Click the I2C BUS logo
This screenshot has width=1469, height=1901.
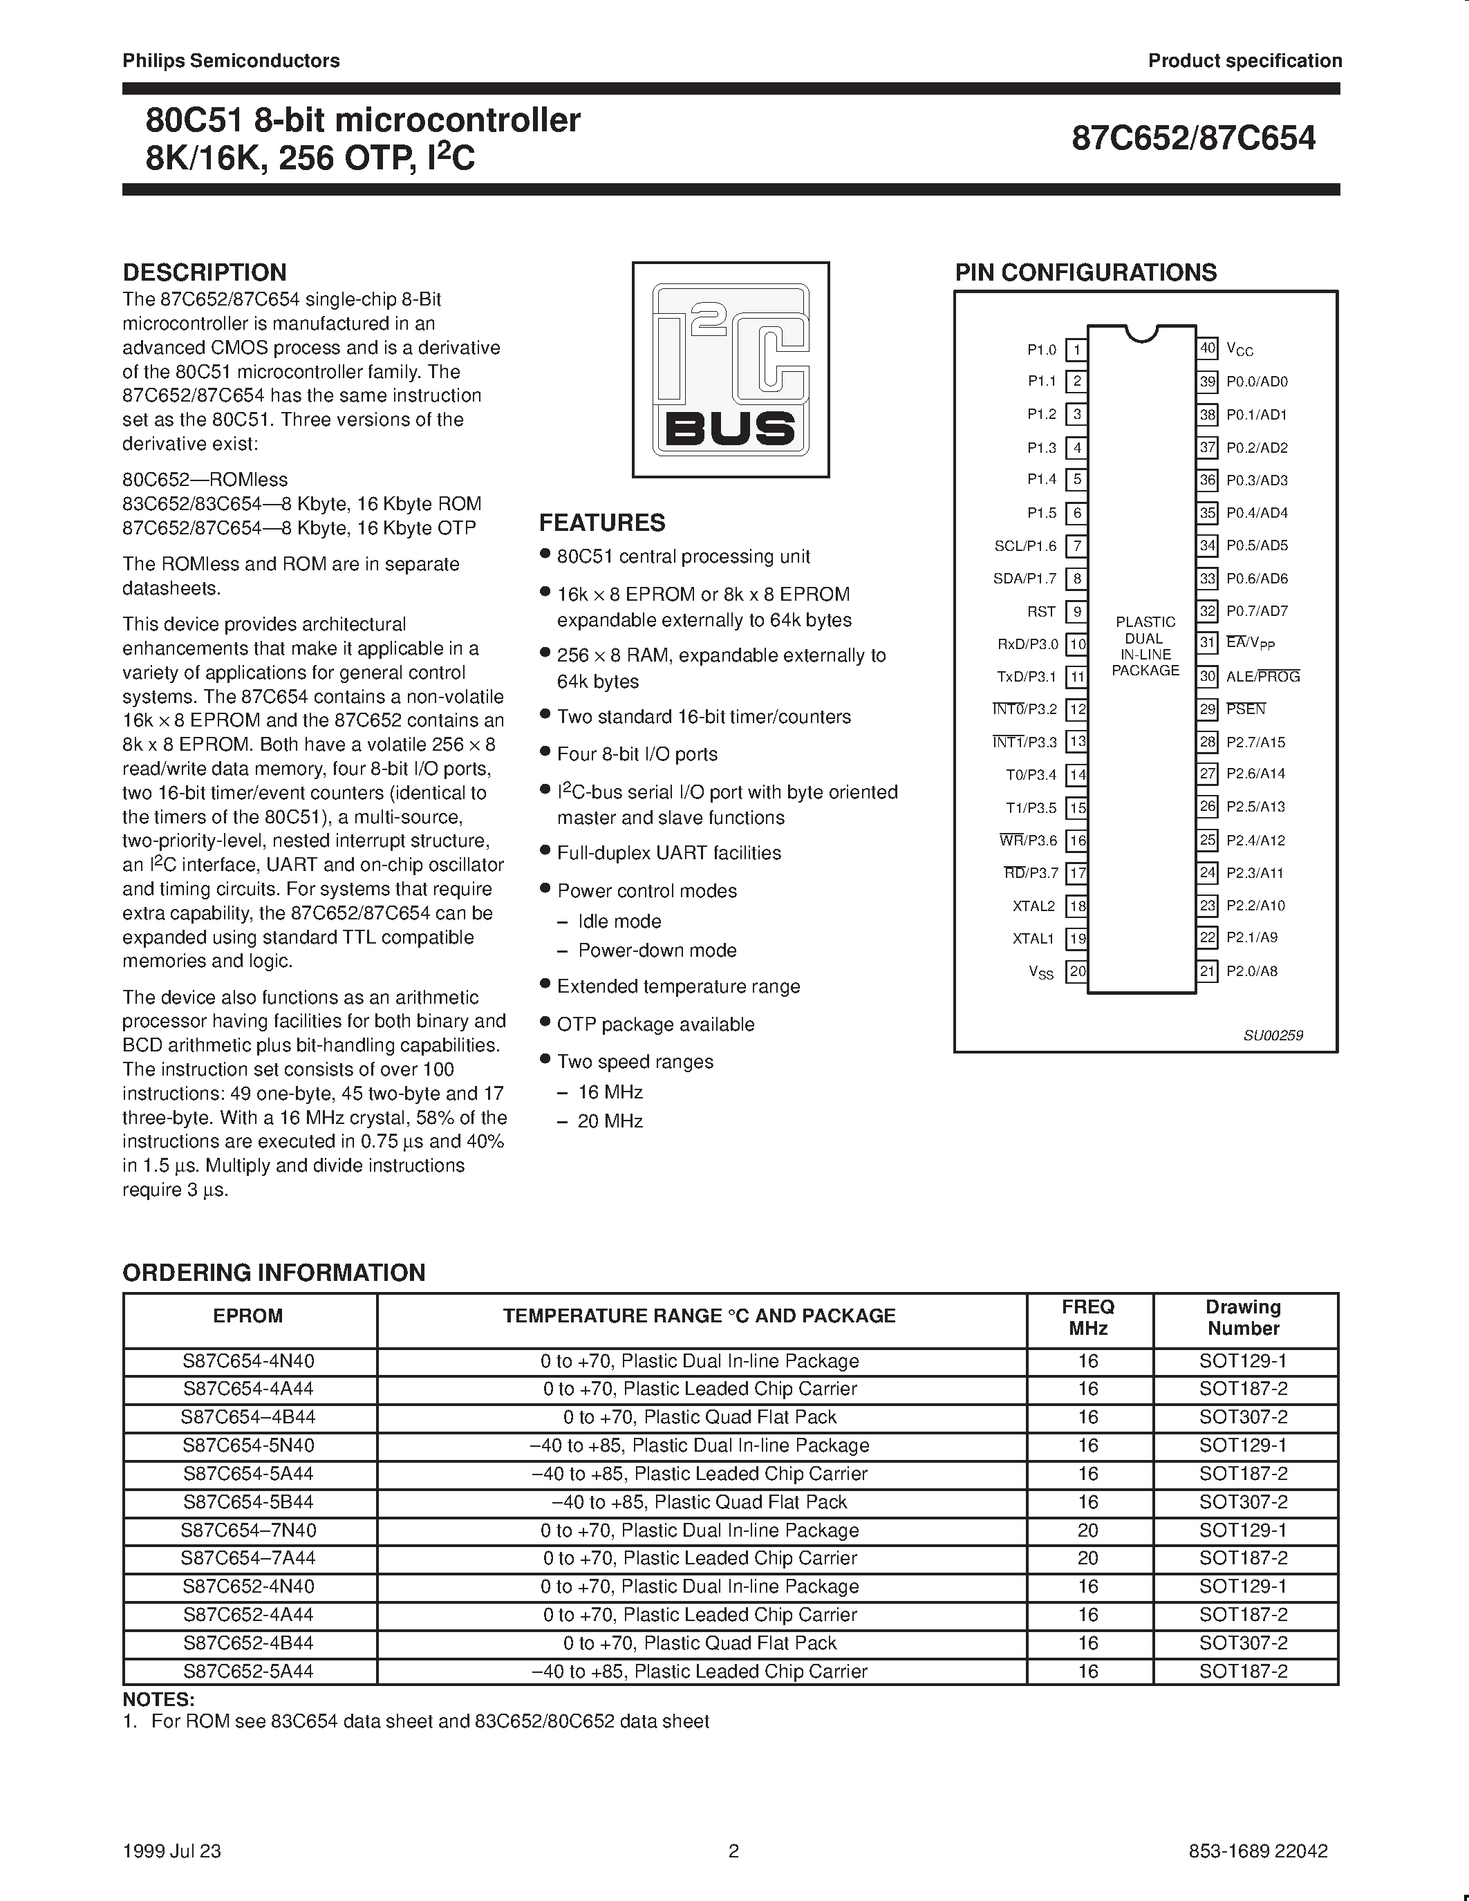730,370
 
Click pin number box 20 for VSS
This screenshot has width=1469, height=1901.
1078,971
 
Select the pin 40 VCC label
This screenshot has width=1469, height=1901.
1239,350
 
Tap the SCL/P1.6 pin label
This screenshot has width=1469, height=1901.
1025,545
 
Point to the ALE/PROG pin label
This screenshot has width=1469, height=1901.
1263,676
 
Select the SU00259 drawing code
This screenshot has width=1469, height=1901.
1273,1035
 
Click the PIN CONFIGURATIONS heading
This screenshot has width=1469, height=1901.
1085,272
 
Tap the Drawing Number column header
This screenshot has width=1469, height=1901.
1244,1318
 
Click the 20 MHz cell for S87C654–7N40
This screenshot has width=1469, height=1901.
1088,1530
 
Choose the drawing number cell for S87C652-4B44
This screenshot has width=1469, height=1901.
1244,1642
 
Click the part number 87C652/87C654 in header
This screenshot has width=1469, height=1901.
1193,138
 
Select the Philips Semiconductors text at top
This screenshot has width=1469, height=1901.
231,61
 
